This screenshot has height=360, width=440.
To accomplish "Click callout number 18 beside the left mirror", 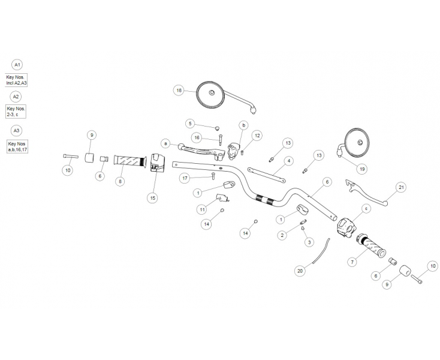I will click(179, 91).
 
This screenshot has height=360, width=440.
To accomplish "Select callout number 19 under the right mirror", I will click(361, 169).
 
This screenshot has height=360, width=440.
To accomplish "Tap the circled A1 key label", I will click(17, 65).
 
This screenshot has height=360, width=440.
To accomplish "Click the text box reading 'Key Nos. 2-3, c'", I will click(17, 111).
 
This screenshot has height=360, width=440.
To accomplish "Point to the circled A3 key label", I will click(17, 130).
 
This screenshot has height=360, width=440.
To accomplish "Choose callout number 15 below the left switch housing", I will click(152, 197).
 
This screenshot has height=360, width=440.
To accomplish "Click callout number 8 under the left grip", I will click(120, 181).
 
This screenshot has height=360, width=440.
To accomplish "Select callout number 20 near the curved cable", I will click(300, 271).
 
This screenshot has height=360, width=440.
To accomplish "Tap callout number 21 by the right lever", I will click(402, 188).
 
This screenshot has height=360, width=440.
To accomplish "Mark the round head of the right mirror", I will click(359, 142).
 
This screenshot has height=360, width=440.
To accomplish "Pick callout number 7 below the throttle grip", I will click(352, 262).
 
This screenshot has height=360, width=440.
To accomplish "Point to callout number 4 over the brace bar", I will click(288, 161).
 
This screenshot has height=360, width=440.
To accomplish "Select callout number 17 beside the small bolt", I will click(185, 178).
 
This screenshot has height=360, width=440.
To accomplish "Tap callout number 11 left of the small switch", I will click(203, 209).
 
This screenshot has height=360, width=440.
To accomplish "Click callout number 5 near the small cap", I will click(190, 124).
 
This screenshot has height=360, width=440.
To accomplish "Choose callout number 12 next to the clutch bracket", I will click(257, 136).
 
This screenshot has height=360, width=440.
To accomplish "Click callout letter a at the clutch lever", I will click(165, 143).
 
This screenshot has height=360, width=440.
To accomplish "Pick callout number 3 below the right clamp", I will click(309, 242).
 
